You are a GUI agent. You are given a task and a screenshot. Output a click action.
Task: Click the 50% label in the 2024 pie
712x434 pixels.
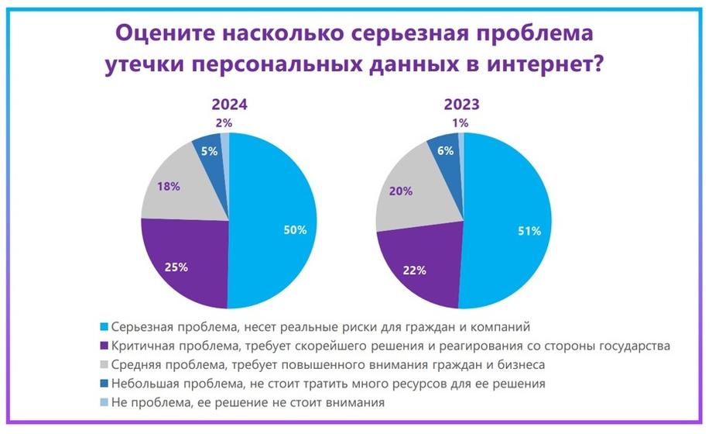coord(295,230)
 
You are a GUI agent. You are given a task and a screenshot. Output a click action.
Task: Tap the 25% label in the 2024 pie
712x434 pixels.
coord(176,267)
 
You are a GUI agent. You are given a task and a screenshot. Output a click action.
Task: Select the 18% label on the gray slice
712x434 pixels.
coord(169,187)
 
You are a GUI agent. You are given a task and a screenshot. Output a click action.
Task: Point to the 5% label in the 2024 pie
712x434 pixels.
coord(209,151)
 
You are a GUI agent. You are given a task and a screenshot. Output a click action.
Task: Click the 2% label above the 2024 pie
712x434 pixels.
coord(224,122)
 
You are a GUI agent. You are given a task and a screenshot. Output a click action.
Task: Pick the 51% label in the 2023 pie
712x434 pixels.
coord(529,231)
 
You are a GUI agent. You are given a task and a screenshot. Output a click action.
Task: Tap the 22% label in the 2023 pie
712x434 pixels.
coord(415,270)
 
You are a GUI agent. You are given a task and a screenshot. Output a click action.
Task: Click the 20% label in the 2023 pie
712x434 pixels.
coord(401,191)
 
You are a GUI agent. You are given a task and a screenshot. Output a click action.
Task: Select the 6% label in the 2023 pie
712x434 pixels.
coord(446,150)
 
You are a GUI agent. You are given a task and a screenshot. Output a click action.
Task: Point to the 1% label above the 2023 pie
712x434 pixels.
coord(460,122)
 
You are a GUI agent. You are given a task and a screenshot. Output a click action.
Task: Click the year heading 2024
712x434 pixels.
coord(229,105)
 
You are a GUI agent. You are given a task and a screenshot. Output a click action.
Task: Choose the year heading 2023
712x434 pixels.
coord(462,105)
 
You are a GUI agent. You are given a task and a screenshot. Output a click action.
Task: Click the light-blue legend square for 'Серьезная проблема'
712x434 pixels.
coord(104,327)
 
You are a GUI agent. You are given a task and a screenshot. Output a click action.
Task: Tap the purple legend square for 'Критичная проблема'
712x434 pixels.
coord(104,346)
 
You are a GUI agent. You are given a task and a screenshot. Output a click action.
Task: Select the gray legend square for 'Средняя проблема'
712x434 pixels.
coord(104,365)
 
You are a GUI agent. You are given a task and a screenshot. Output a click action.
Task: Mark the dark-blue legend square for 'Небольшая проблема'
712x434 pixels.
coord(104,384)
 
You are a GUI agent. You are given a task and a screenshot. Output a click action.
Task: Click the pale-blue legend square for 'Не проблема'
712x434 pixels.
coord(104,402)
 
